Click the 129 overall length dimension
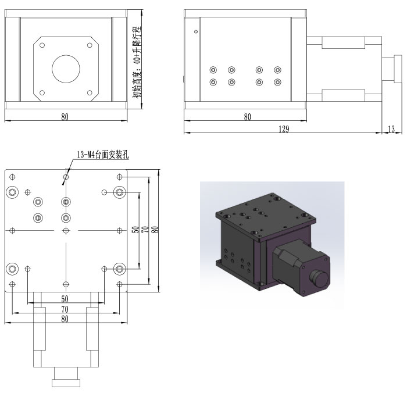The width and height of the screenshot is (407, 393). pyautogui.click(x=284, y=129)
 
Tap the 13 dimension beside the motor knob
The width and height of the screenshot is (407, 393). pyautogui.click(x=391, y=129)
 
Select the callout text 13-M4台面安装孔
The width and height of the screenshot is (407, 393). pyautogui.click(x=102, y=156)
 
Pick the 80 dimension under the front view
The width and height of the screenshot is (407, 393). pyautogui.click(x=65, y=116)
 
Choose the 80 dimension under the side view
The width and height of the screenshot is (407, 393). pyautogui.click(x=248, y=116)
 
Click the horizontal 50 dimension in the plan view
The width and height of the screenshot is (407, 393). pyautogui.click(x=65, y=298)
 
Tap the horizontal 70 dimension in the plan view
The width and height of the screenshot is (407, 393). pyautogui.click(x=65, y=309)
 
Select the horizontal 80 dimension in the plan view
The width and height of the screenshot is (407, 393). pyautogui.click(x=65, y=319)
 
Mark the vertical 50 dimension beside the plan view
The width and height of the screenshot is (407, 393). pyautogui.click(x=135, y=230)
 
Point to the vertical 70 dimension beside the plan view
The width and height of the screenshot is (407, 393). pyautogui.click(x=145, y=230)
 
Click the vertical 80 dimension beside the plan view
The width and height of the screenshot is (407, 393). pyautogui.click(x=155, y=230)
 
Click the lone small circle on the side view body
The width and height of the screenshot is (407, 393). pyautogui.click(x=196, y=31)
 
